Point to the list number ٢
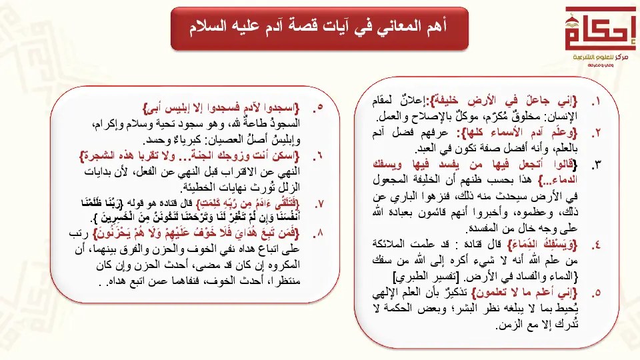coord(595,132)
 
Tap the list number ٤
coord(595,245)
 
